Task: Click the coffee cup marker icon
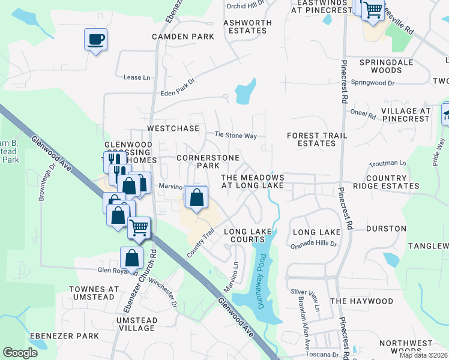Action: pyautogui.click(x=95, y=40)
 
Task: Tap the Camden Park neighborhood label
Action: pyautogui.click(x=183, y=37)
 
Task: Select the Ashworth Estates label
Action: pyautogui.click(x=247, y=26)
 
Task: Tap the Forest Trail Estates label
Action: pyautogui.click(x=317, y=139)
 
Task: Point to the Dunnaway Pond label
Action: pyautogui.click(x=262, y=281)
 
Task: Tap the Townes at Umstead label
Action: pyautogui.click(x=94, y=293)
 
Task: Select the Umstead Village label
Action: pyautogui.click(x=137, y=325)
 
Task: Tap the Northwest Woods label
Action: pyautogui.click(x=415, y=347)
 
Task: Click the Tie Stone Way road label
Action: pyautogui.click(x=237, y=136)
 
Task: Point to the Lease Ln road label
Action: pyautogui.click(x=136, y=77)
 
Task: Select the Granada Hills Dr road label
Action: pyautogui.click(x=313, y=245)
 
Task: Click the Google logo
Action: pyautogui.click(x=20, y=353)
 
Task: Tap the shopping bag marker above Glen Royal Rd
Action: pyautogui.click(x=131, y=258)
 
